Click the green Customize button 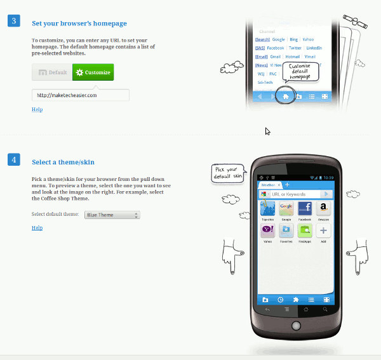coord(93,72)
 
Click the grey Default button coord(52,72)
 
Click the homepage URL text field coord(81,95)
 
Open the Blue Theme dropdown coord(112,215)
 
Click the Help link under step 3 coord(37,109)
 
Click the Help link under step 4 coord(37,227)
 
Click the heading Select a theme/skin coord(63,162)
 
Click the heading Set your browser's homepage coord(79,23)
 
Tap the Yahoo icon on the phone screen coord(268,230)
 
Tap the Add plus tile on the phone coord(323,230)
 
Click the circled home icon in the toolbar coord(286,97)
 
